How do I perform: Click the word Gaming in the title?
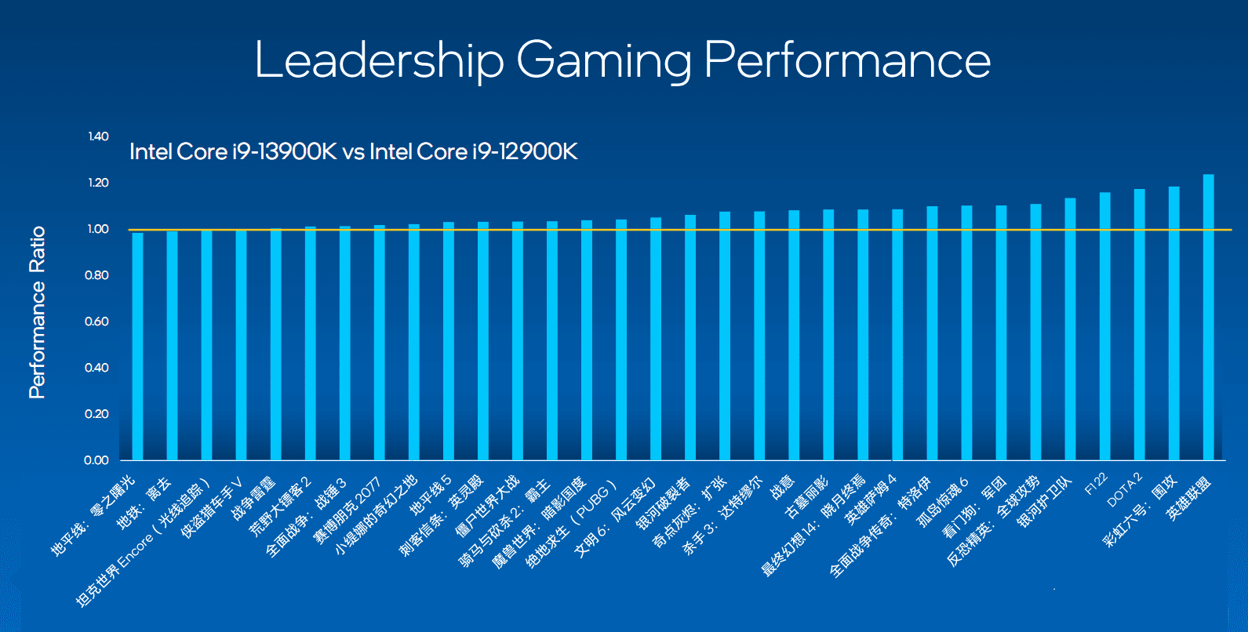click(x=604, y=61)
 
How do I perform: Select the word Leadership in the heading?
click(x=379, y=60)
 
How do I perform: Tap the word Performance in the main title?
click(x=847, y=60)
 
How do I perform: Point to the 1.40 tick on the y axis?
click(x=99, y=136)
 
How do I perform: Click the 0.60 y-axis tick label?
click(x=97, y=321)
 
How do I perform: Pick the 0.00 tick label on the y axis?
click(x=97, y=460)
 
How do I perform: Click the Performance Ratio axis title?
click(x=37, y=312)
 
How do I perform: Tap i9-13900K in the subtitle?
click(x=284, y=151)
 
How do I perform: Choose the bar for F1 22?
click(x=1104, y=325)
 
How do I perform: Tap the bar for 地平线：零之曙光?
click(x=137, y=346)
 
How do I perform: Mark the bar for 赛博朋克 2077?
click(x=380, y=342)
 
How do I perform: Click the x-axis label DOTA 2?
click(x=1125, y=490)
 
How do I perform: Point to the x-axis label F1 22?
click(x=1096, y=485)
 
